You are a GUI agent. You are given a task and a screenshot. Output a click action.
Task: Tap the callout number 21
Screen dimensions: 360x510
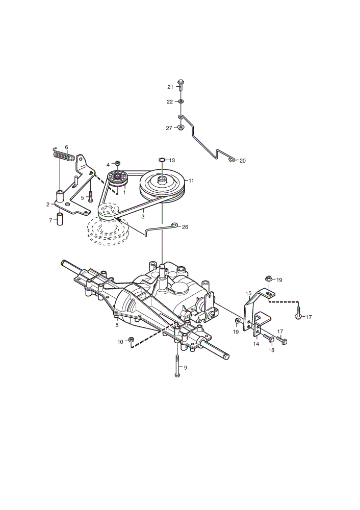(x=170, y=87)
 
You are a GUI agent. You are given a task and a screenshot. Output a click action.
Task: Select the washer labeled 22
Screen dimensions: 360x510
(x=181, y=102)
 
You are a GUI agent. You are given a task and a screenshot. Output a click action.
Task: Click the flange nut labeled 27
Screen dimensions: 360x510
(x=181, y=127)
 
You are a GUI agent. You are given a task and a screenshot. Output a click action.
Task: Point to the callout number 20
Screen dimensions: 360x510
(x=243, y=161)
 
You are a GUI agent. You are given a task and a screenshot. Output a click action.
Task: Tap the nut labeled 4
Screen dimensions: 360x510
(x=117, y=162)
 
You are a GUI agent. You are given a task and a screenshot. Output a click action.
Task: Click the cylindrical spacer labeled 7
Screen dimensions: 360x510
(x=60, y=219)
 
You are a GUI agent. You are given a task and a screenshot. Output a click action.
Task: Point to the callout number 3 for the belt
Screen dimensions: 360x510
(x=143, y=216)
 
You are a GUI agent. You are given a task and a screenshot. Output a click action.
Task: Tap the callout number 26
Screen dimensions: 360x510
(x=185, y=227)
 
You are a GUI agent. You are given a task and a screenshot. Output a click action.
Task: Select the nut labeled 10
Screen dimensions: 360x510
(x=132, y=340)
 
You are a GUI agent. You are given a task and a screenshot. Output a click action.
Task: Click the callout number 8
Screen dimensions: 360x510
(x=117, y=325)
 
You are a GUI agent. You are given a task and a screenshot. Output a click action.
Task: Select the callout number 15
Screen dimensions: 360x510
(x=249, y=293)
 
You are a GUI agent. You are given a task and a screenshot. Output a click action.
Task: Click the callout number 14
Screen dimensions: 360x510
(x=256, y=344)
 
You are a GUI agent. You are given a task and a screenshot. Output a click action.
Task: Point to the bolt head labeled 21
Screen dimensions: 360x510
(x=181, y=81)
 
